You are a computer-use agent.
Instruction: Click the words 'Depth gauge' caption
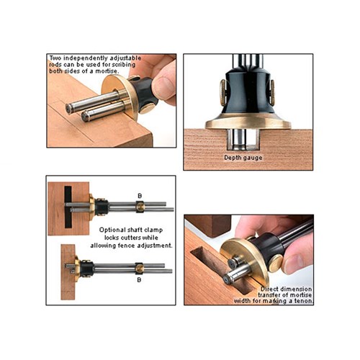coord(243,158)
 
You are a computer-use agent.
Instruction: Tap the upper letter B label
coord(140,196)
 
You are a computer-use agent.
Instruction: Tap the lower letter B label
coord(139,279)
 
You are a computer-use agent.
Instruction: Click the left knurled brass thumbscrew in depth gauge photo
coord(223,92)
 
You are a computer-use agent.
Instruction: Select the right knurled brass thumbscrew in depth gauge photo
coord(272,93)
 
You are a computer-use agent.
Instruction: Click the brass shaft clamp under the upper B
coord(140,206)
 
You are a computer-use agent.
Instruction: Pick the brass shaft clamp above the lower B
coord(139,268)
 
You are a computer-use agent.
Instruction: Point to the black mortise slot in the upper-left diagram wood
coord(68,207)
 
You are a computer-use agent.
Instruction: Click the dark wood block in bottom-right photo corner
coord(208,225)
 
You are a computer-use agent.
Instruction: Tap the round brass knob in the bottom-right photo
coord(276,263)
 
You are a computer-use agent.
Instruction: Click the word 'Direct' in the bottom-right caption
coord(269,289)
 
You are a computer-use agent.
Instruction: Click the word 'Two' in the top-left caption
coord(55,58)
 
